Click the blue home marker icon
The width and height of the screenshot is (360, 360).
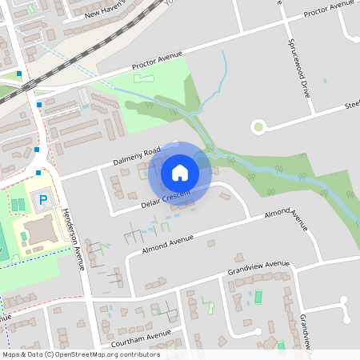click(x=180, y=172)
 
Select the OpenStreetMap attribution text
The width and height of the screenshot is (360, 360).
click(x=81, y=354)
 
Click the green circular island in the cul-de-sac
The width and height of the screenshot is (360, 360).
click(x=258, y=126)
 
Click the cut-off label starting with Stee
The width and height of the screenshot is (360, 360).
click(x=351, y=105)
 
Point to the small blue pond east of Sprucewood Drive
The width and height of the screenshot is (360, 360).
click(x=325, y=81)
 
